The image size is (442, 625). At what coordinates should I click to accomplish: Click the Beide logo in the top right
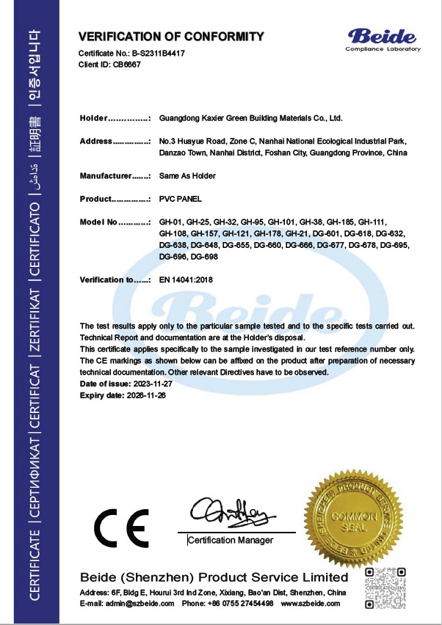click(x=384, y=39)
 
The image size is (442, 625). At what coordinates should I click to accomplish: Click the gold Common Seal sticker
click(x=353, y=518)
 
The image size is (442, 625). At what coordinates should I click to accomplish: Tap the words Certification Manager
click(x=231, y=541)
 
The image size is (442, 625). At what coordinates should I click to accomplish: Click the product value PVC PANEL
click(x=180, y=200)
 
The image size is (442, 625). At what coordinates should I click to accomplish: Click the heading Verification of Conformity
click(x=171, y=36)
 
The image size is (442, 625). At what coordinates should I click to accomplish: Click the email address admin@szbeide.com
click(x=138, y=603)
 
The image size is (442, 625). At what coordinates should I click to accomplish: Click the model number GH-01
click(x=170, y=222)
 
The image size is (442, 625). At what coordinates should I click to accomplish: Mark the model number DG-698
click(x=204, y=257)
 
